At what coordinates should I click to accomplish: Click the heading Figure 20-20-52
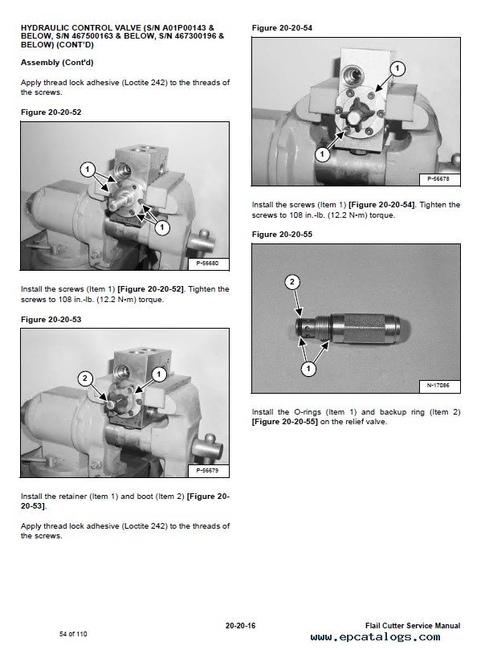(51, 112)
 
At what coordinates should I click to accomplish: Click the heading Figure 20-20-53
(51, 320)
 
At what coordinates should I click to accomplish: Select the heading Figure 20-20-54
(282, 28)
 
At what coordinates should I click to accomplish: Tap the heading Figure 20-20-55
(282, 235)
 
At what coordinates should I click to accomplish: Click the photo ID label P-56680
(207, 264)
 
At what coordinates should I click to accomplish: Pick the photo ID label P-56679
(207, 471)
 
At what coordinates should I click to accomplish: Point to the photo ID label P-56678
(438, 179)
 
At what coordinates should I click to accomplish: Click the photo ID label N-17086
(438, 386)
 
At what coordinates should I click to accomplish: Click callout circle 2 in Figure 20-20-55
(292, 282)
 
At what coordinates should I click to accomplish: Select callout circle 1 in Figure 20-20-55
(308, 369)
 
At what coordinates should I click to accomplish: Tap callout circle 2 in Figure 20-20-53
(85, 378)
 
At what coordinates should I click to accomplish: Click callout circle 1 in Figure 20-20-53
(159, 374)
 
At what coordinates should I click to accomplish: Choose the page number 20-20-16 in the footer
(240, 626)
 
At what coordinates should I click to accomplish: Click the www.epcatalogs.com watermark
(375, 636)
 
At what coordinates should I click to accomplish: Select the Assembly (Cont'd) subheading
(57, 63)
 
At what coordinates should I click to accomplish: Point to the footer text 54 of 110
(73, 634)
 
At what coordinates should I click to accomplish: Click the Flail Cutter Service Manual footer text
(413, 626)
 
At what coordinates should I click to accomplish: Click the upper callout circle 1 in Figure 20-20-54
(397, 68)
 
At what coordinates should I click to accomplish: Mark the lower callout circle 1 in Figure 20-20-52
(162, 227)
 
